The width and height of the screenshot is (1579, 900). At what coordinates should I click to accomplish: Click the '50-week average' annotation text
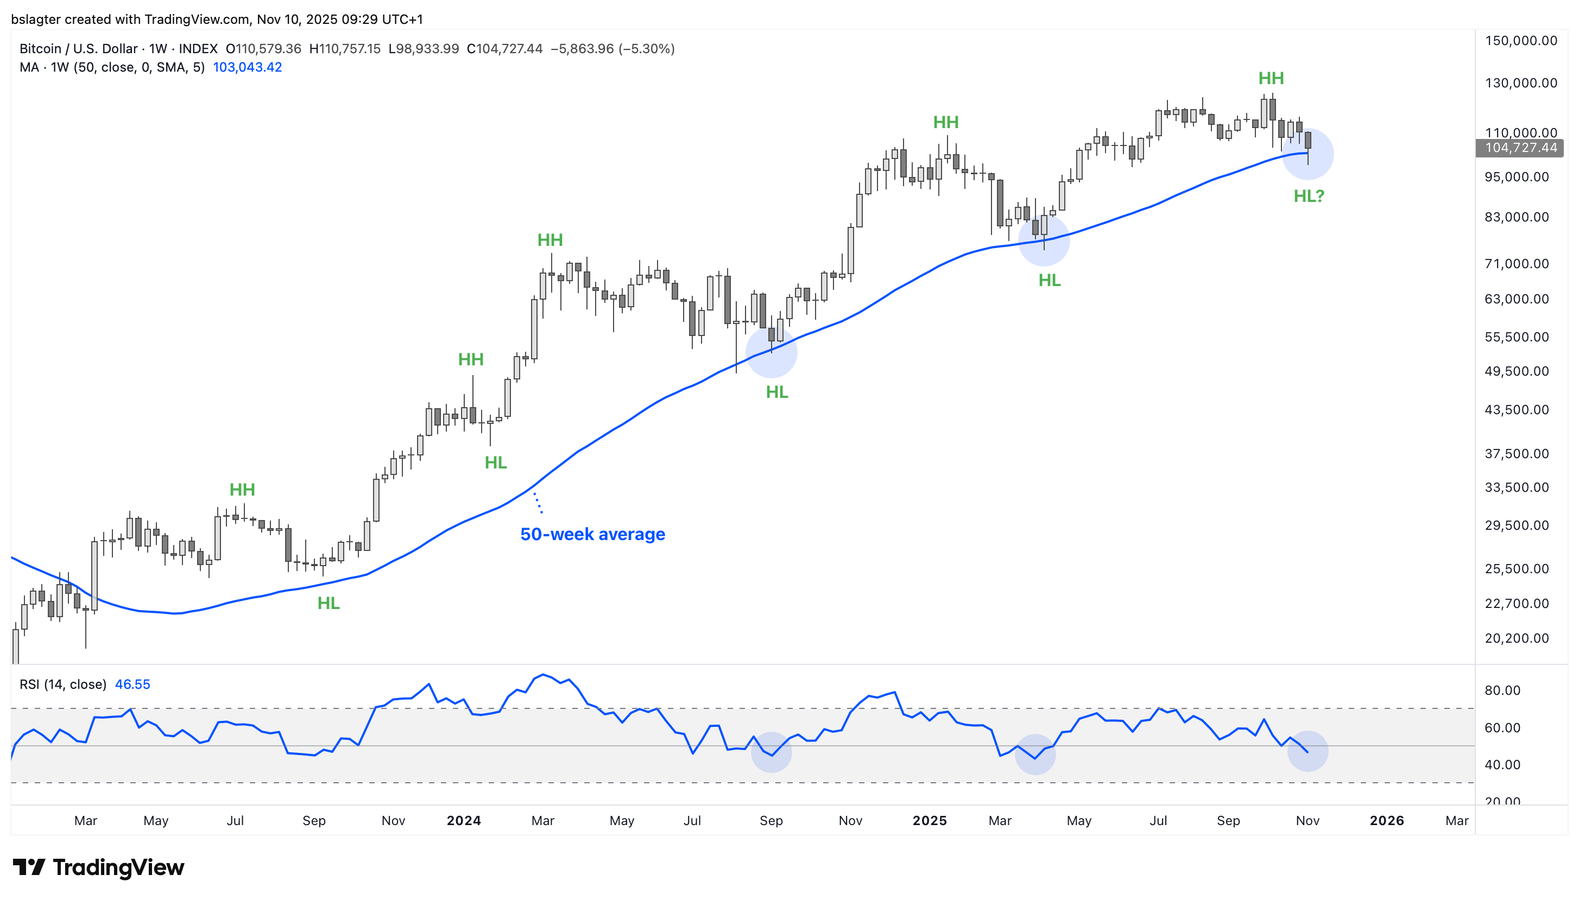pos(592,534)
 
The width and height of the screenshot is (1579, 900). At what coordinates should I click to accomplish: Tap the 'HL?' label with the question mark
pos(1308,196)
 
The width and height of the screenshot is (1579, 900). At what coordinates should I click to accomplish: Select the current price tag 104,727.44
pos(1520,148)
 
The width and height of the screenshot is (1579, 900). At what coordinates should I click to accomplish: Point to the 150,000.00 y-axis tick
pos(1520,41)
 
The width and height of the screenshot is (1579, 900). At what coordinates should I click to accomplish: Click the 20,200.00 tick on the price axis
pos(1517,638)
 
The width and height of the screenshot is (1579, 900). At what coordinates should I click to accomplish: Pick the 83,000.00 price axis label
pos(1517,217)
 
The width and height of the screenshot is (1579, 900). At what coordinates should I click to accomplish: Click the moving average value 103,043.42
pos(247,67)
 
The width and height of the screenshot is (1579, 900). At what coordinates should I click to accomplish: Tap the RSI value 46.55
pos(132,684)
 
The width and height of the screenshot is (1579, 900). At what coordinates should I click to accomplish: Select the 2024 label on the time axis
pos(464,820)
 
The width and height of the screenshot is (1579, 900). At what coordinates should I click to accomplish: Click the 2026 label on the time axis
pos(1387,820)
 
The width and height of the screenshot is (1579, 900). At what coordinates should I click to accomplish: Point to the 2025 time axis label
pos(929,820)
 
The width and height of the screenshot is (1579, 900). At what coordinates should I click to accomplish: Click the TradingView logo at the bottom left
pos(98,867)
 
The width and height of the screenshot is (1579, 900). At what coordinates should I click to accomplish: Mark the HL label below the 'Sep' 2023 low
pos(329,603)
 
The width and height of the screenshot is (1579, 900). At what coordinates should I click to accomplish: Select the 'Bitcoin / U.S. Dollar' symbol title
pos(79,49)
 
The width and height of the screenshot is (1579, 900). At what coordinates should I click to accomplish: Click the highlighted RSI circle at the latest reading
pos(1307,751)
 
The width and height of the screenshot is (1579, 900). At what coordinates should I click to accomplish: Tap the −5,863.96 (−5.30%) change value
pos(612,49)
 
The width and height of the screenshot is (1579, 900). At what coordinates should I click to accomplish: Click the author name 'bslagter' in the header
pos(36,19)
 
